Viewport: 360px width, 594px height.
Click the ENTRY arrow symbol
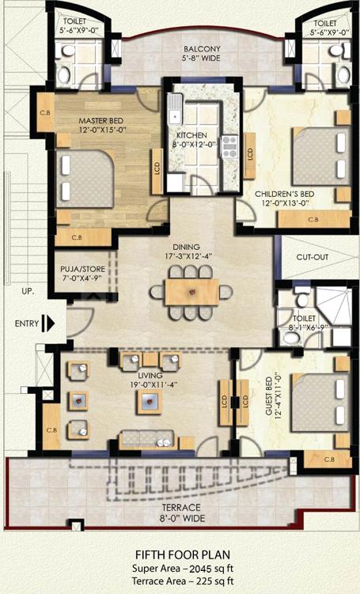point(48,323)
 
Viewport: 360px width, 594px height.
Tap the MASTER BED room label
point(100,120)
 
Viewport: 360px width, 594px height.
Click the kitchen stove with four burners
point(229,146)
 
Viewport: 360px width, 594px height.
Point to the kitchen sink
point(175,108)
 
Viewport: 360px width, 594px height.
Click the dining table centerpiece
point(191,292)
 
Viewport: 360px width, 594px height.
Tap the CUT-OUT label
point(313,257)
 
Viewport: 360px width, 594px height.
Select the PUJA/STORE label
point(82,269)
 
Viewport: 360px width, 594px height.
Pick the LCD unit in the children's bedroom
point(250,155)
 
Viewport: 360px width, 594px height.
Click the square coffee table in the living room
point(149,402)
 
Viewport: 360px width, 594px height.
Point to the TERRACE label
point(181,508)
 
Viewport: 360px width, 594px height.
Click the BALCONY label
point(202,49)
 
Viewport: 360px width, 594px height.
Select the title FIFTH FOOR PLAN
point(183,555)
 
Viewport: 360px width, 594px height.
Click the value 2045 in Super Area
point(199,569)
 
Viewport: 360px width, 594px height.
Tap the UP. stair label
point(28,293)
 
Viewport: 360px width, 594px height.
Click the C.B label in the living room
point(51,430)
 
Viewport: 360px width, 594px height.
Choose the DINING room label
point(186,247)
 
